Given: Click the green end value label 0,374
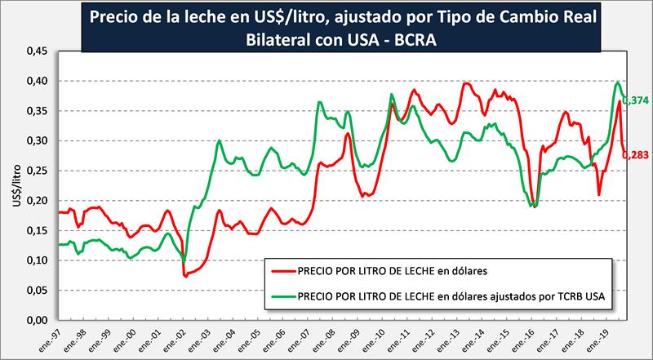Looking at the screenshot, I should coord(637,100).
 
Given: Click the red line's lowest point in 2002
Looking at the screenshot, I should coord(185,276).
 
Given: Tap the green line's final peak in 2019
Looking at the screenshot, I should coord(618,82).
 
